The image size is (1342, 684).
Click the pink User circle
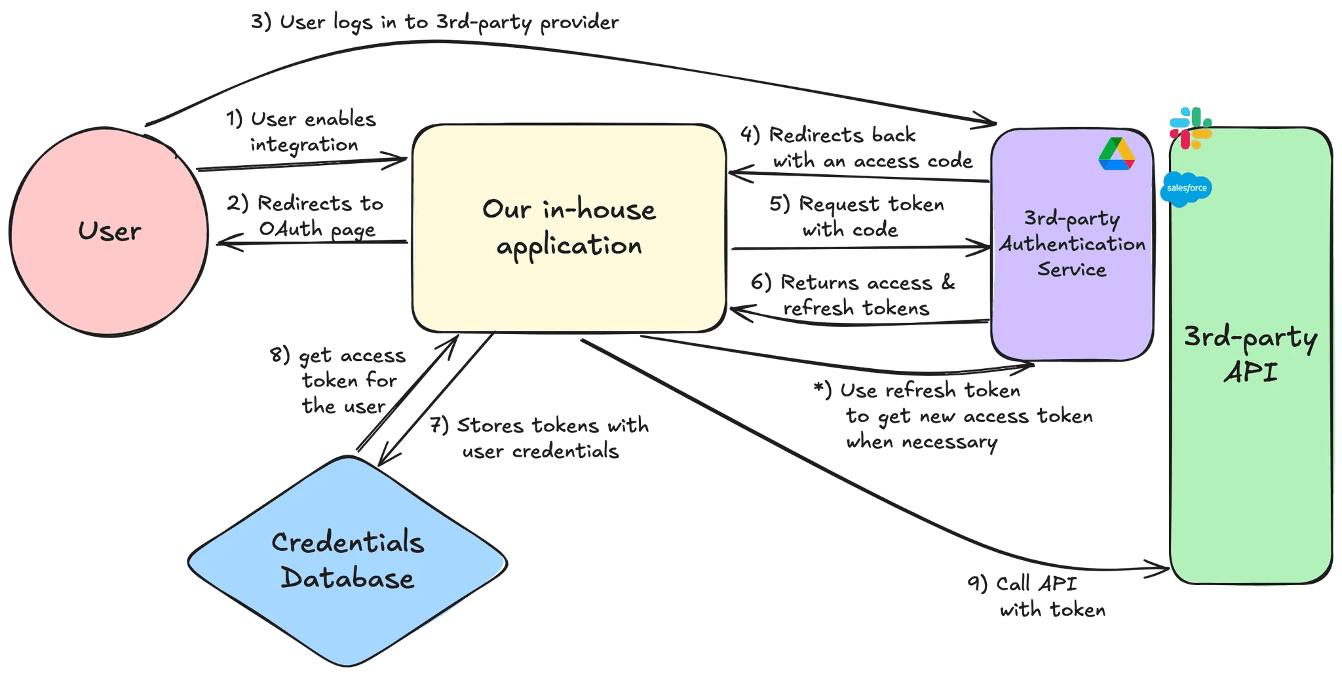tap(109, 231)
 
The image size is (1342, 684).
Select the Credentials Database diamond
tap(347, 561)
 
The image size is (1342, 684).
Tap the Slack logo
tap(1191, 128)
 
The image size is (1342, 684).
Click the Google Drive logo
tap(1117, 155)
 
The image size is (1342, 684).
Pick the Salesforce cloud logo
tap(1186, 189)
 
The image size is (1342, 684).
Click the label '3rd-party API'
tap(1250, 355)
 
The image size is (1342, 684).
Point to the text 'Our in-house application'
tap(569, 227)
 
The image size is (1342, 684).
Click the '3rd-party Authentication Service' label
tap(1072, 244)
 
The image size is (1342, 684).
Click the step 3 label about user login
tap(434, 22)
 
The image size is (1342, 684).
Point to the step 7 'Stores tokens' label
tap(539, 438)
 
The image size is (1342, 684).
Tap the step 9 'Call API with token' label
tap(1037, 597)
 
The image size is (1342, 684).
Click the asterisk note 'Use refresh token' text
tap(953, 416)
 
